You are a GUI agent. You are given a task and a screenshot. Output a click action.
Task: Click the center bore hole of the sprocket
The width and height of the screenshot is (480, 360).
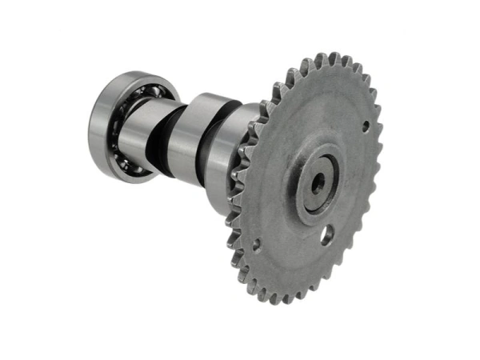pyautogui.click(x=318, y=183)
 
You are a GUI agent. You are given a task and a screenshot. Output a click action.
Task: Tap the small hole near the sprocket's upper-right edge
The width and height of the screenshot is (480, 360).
pyautogui.click(x=366, y=125)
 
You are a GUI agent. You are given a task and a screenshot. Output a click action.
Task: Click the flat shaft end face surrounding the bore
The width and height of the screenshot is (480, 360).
pyautogui.click(x=326, y=174)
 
